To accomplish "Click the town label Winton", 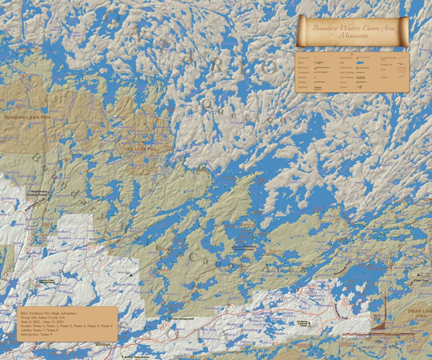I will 102,344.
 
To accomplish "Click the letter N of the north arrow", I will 376,318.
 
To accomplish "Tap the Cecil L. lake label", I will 226,82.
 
